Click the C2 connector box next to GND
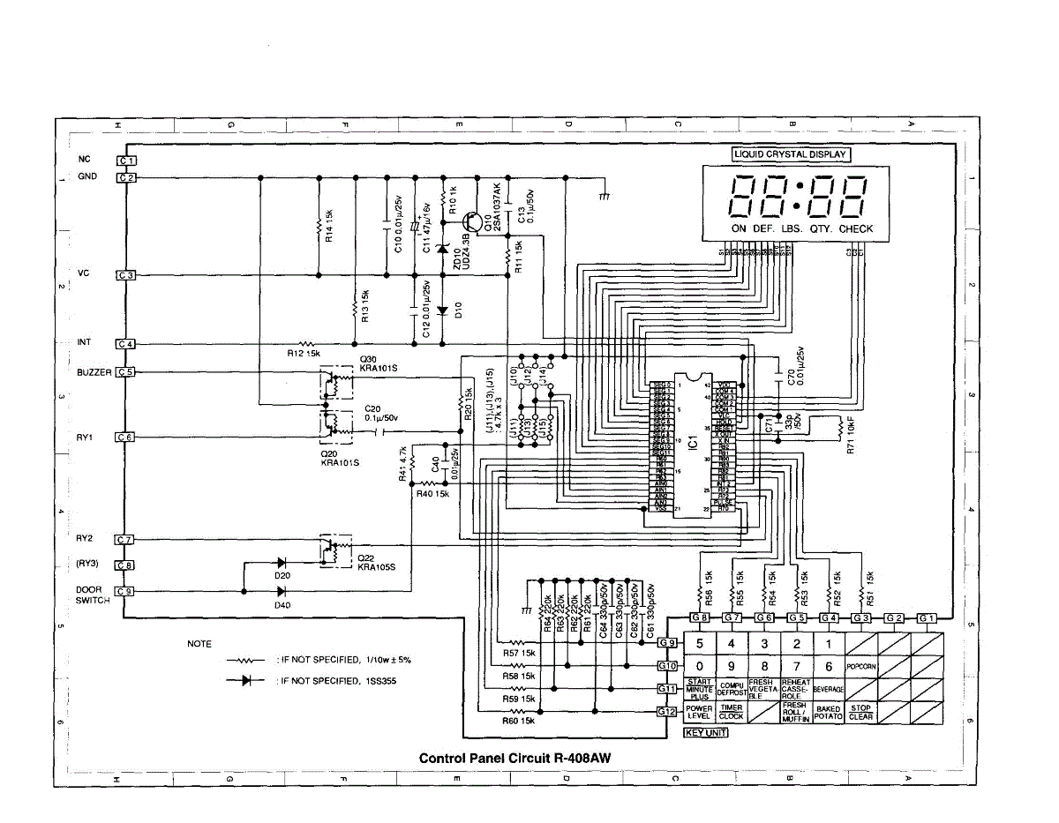click(126, 177)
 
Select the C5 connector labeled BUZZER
click(126, 372)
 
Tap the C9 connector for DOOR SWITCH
click(126, 592)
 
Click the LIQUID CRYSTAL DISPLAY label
click(790, 154)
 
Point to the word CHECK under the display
click(855, 228)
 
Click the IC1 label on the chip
click(693, 438)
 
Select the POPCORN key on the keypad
click(860, 667)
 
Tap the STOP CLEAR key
click(860, 712)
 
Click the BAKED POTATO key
click(828, 712)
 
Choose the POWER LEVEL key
click(699, 712)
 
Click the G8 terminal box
click(700, 617)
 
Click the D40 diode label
click(282, 605)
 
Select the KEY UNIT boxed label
click(706, 733)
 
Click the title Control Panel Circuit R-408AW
click(514, 758)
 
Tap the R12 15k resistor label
click(304, 354)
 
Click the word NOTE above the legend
click(199, 644)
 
